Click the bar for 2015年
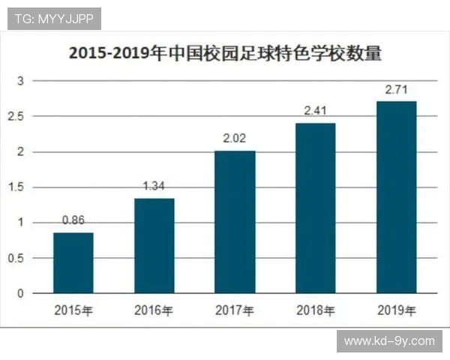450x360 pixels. (73, 262)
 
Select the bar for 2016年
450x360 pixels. (154, 245)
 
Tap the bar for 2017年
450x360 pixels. (235, 221)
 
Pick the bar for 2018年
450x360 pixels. (316, 208)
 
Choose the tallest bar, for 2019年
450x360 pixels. (396, 196)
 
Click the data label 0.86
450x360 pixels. (73, 221)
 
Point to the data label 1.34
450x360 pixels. (154, 187)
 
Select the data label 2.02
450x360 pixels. (235, 139)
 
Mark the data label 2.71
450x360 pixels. (396, 90)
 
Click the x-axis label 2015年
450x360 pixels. (73, 310)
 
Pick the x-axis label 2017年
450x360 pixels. (235, 310)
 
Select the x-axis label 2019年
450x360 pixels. (396, 310)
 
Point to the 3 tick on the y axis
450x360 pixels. (21, 80)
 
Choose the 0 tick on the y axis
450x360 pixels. (21, 293)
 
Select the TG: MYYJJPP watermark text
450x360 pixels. (54, 19)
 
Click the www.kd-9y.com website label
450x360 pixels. (389, 340)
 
